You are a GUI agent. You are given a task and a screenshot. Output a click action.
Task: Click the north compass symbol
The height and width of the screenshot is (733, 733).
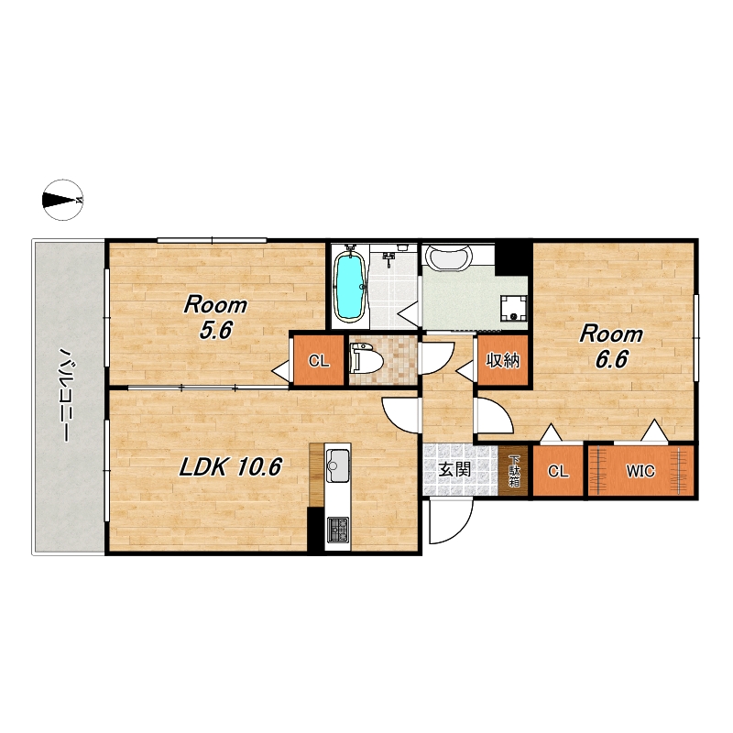(x=62, y=200)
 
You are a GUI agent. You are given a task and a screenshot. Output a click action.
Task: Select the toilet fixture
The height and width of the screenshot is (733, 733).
(x=366, y=359)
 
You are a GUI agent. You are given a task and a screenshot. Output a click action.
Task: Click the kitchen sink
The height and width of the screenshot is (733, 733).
(x=337, y=465)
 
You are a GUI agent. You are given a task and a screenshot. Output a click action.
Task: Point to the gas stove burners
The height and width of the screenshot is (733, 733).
(x=337, y=530)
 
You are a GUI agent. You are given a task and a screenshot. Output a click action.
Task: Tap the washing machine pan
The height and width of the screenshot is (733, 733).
(x=513, y=309)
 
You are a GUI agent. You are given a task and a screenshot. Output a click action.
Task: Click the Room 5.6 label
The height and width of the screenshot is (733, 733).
(x=215, y=318)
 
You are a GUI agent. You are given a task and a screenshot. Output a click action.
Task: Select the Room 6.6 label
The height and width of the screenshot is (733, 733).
(x=611, y=347)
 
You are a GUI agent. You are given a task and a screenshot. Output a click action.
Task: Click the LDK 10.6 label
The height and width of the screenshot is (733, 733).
(x=231, y=466)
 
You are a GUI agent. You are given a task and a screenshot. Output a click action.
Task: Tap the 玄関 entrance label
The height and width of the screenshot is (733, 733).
(x=454, y=469)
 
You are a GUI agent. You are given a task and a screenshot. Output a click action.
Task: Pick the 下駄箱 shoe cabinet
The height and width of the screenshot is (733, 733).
(x=513, y=470)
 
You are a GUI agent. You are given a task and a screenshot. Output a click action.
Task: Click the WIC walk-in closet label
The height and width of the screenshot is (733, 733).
(x=640, y=471)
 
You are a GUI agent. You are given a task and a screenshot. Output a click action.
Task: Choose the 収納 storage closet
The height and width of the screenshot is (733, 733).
(x=503, y=360)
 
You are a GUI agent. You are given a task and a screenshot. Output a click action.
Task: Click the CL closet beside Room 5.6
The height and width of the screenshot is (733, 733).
(x=319, y=360)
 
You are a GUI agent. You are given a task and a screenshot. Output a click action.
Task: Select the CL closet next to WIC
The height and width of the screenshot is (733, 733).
(x=558, y=471)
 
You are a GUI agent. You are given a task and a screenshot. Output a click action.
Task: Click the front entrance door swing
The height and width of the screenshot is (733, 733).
(x=451, y=521)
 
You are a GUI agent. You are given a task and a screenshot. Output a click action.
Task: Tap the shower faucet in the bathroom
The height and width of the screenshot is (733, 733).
(x=388, y=257)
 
